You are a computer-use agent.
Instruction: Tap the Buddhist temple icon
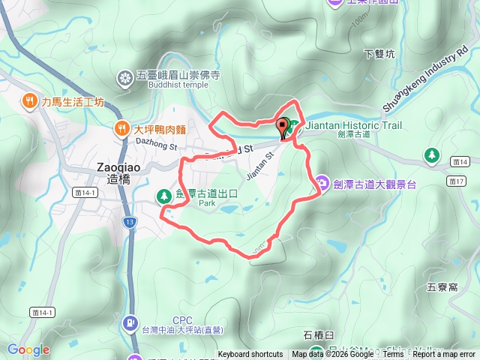126,76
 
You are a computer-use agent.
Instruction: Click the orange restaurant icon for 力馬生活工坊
29,100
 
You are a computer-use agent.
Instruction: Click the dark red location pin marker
283,128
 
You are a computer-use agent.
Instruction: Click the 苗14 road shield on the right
460,161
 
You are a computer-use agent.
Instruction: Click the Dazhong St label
155,142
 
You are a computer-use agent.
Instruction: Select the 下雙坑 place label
378,54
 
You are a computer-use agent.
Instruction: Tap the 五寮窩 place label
442,286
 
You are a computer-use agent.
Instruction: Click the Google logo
28,349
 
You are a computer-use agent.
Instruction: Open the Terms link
393,354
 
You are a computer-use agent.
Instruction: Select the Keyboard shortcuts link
250,354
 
